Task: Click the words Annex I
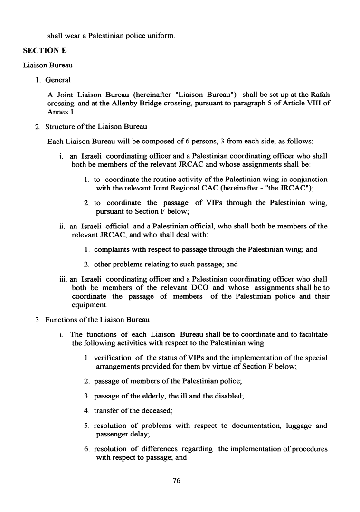(58, 111)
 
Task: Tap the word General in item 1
(58, 80)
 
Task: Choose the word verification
(113, 358)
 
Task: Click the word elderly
(152, 396)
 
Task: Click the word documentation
(249, 426)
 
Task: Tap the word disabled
(228, 396)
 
